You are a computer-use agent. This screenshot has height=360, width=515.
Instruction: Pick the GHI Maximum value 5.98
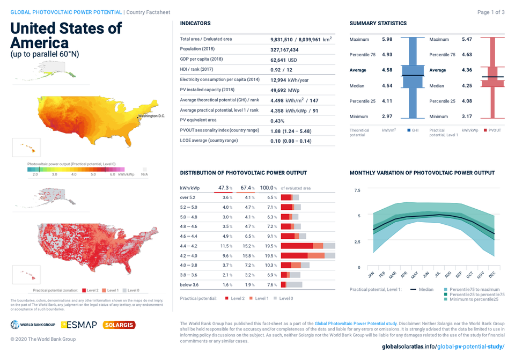(x=387, y=39)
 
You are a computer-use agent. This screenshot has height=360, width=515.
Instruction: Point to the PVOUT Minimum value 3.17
(x=467, y=116)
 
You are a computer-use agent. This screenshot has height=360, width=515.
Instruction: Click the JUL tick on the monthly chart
(x=437, y=274)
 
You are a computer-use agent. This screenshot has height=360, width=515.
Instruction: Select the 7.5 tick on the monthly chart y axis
(x=358, y=190)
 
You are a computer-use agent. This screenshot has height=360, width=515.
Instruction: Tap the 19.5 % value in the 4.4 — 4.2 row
(x=268, y=246)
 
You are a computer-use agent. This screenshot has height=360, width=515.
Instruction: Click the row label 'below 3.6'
(x=189, y=285)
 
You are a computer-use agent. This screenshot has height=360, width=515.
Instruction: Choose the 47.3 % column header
(x=225, y=188)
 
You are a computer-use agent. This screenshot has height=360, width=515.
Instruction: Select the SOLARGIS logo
(x=119, y=325)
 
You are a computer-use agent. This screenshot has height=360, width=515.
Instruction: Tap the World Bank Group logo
(x=33, y=325)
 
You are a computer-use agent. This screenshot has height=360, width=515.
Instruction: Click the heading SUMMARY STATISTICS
(x=378, y=24)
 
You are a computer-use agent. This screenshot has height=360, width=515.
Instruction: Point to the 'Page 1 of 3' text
(x=490, y=12)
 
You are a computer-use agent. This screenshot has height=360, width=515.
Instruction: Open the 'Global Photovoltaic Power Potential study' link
(x=355, y=324)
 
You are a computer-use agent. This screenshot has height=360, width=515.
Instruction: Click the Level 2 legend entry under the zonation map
(x=95, y=290)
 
